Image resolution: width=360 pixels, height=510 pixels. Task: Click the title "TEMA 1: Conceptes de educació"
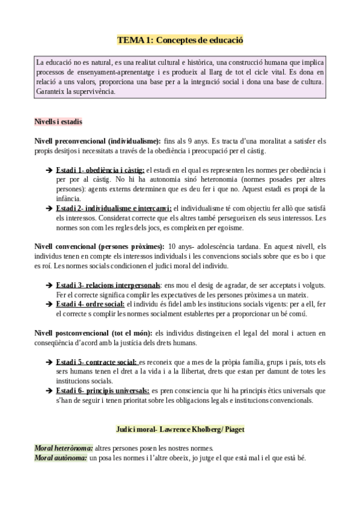pyautogui.click(x=180, y=40)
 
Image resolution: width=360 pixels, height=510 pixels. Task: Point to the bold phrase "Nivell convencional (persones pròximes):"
pyautogui.click(x=99, y=246)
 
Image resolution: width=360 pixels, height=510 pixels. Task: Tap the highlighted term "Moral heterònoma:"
pyautogui.click(x=63, y=448)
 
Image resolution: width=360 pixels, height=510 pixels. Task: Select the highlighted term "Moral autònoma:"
pyautogui.click(x=59, y=458)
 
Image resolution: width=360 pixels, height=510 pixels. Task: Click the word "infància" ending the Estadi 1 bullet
pyautogui.click(x=68, y=198)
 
